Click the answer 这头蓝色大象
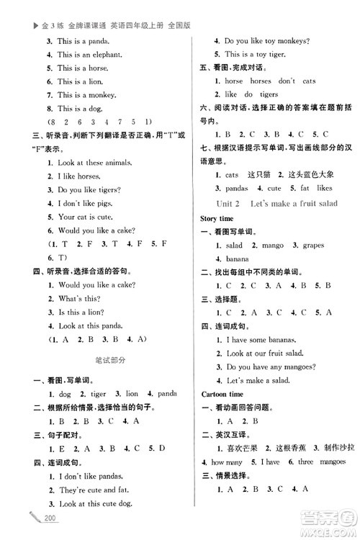(302, 175)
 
